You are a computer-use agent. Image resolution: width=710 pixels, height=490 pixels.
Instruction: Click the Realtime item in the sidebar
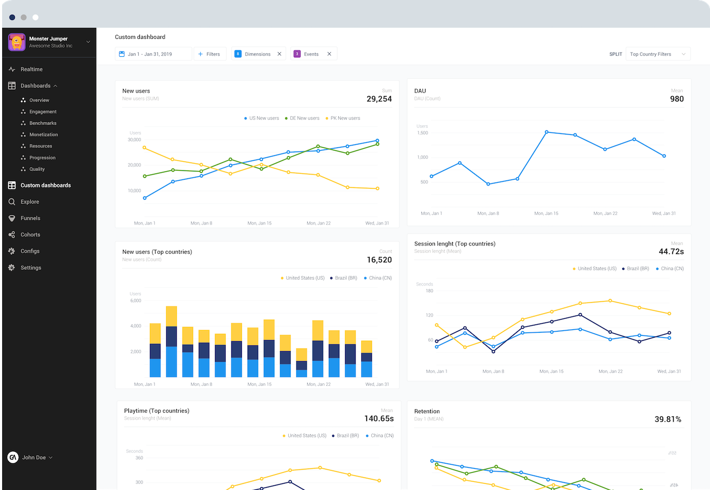click(x=32, y=69)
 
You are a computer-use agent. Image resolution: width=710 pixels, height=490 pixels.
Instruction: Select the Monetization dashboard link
click(x=43, y=135)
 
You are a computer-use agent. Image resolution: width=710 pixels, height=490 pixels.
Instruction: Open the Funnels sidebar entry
click(x=30, y=218)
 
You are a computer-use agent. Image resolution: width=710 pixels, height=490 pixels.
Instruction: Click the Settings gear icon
click(x=12, y=268)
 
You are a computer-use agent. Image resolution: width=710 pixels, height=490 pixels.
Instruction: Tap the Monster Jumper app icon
click(x=17, y=42)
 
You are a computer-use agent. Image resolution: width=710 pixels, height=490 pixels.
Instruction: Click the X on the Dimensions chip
click(x=279, y=54)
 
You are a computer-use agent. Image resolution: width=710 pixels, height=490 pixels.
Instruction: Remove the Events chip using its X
click(x=329, y=54)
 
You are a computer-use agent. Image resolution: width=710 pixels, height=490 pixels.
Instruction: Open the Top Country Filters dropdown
click(x=657, y=54)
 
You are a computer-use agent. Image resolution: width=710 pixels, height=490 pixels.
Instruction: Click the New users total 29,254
click(x=379, y=99)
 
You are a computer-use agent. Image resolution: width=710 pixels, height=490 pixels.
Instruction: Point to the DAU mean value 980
click(x=676, y=99)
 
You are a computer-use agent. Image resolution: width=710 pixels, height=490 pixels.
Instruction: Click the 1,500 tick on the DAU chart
click(x=422, y=133)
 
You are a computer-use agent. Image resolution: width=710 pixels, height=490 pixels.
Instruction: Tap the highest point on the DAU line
click(x=546, y=132)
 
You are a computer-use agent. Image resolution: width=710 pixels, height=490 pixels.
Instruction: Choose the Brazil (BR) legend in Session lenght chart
click(x=637, y=269)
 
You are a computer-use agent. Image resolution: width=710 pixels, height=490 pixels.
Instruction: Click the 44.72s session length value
click(x=671, y=251)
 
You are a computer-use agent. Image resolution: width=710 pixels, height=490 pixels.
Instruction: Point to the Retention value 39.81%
click(x=667, y=419)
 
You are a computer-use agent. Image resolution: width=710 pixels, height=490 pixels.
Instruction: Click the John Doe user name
click(x=34, y=457)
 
